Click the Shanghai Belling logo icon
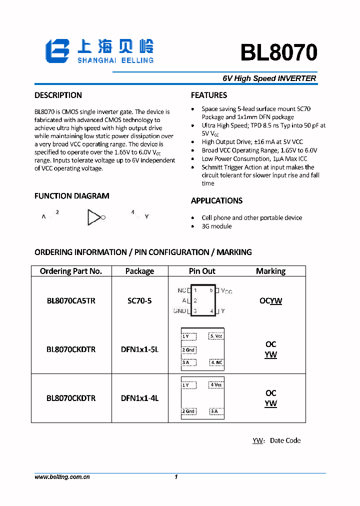pyautogui.click(x=57, y=51)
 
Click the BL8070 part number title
pyautogui.click(x=278, y=52)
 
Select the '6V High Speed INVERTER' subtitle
pyautogui.click(x=269, y=78)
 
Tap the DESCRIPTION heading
pyautogui.click(x=58, y=95)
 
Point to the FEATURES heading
pyautogui.click(x=209, y=95)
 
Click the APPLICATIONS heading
pyautogui.click(x=216, y=200)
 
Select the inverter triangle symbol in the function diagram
pyautogui.click(x=94, y=217)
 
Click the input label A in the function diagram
pyautogui.click(x=44, y=217)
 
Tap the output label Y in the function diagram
pyautogui.click(x=146, y=216)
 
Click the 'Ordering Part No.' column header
pyautogui.click(x=70, y=271)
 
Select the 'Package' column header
pyautogui.click(x=139, y=271)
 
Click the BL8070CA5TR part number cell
pyautogui.click(x=70, y=300)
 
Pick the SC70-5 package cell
pyautogui.click(x=139, y=300)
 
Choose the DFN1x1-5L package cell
pyautogui.click(x=139, y=349)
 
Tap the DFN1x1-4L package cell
pyautogui.click(x=139, y=398)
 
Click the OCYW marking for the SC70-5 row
pyautogui.click(x=270, y=300)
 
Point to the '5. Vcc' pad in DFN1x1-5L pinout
pyautogui.click(x=216, y=336)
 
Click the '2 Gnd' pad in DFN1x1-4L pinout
pyautogui.click(x=188, y=411)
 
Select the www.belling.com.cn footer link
pyautogui.click(x=62, y=477)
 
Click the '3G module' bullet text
pyautogui.click(x=216, y=226)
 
